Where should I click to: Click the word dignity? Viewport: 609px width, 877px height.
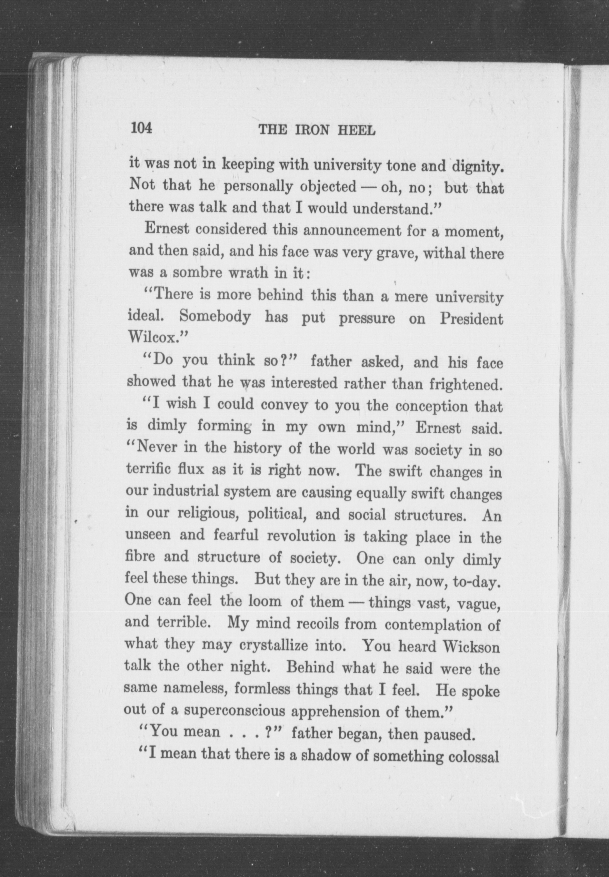pyautogui.click(x=476, y=167)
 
